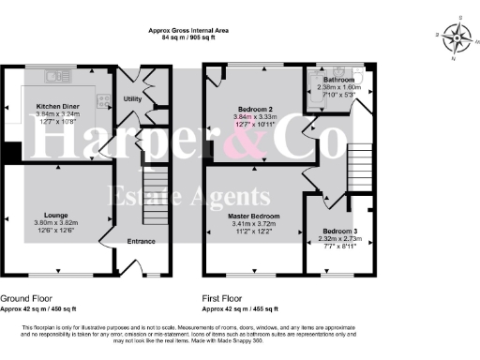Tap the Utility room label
coord(132,97)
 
